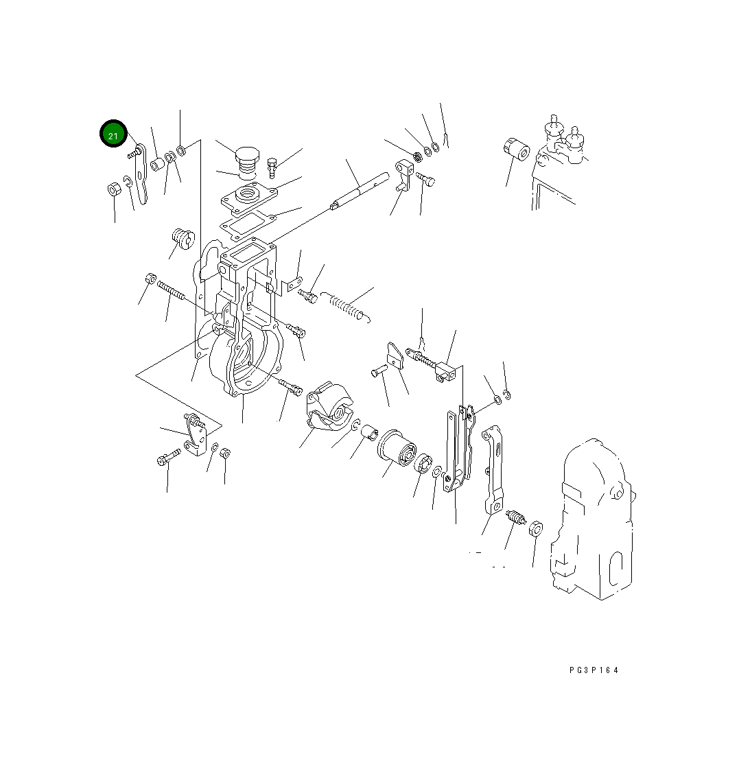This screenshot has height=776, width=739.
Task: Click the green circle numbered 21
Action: click(x=113, y=134)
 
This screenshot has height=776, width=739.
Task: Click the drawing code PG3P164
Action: click(x=594, y=670)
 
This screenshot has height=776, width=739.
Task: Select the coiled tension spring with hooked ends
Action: click(x=346, y=306)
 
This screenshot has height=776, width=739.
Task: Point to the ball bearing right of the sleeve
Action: click(x=423, y=462)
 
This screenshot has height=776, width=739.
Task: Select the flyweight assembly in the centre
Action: click(x=330, y=406)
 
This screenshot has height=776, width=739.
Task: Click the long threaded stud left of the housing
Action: click(x=171, y=290)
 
